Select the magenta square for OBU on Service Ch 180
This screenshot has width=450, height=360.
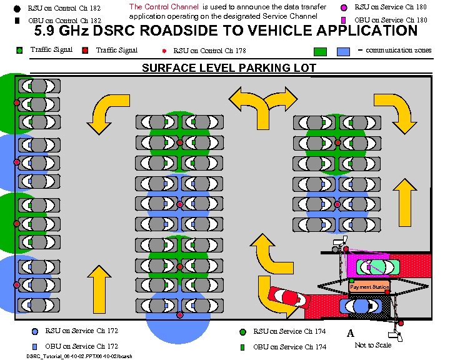point(343,20)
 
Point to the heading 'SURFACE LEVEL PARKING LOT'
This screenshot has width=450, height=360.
point(229,68)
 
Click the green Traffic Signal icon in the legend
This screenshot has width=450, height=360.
point(19,50)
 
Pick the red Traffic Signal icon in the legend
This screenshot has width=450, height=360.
point(84,50)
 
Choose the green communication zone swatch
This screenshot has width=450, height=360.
point(321,51)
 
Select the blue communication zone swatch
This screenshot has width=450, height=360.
point(343,51)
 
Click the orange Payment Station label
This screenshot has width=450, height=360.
point(369,287)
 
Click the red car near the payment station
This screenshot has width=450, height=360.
point(287,296)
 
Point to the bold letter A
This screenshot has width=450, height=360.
point(351,333)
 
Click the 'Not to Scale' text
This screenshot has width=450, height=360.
point(372,345)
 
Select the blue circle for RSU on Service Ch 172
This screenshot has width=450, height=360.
point(34,331)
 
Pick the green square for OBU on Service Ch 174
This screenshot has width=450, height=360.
point(242,346)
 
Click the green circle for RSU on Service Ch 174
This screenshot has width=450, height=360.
point(242,331)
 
